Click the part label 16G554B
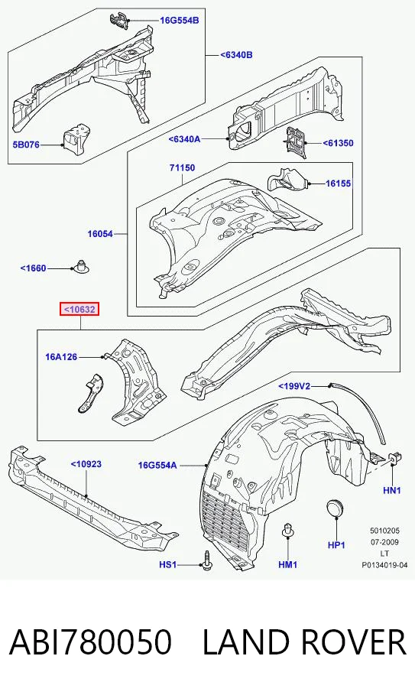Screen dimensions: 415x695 [x=179, y=21]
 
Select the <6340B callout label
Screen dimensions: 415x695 [x=236, y=55]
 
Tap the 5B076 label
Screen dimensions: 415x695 [x=26, y=145]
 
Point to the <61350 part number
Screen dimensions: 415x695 [x=338, y=143]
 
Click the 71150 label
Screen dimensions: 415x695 [x=182, y=168]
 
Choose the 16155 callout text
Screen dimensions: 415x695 [x=339, y=183]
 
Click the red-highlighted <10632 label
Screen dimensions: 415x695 [x=79, y=309]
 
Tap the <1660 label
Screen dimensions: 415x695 [x=33, y=268]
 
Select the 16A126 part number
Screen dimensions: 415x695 [x=61, y=356]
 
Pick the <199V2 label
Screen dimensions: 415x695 [x=294, y=387]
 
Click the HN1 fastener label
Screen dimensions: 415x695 [x=392, y=490]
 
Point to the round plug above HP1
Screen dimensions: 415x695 [x=336, y=508]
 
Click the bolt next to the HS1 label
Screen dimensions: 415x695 [x=206, y=560]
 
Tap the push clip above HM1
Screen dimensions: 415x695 [x=287, y=530]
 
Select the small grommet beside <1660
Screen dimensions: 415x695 [x=80, y=265]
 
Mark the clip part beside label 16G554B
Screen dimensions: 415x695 [x=118, y=21]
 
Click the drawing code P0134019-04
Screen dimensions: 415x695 [x=384, y=565]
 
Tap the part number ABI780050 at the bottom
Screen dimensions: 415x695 [x=90, y=641]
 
